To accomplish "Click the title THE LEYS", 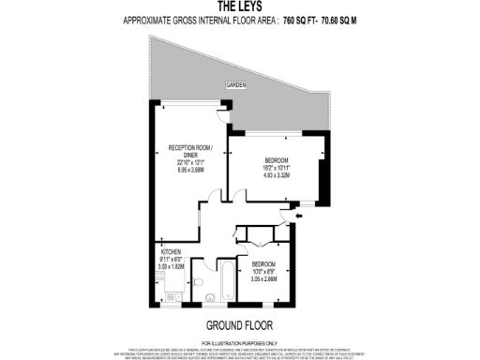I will click(240, 6).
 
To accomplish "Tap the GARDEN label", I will click(235, 86).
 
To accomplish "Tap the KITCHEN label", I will click(170, 253).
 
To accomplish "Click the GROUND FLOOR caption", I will click(239, 326).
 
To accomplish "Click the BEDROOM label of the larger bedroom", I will click(276, 158).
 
